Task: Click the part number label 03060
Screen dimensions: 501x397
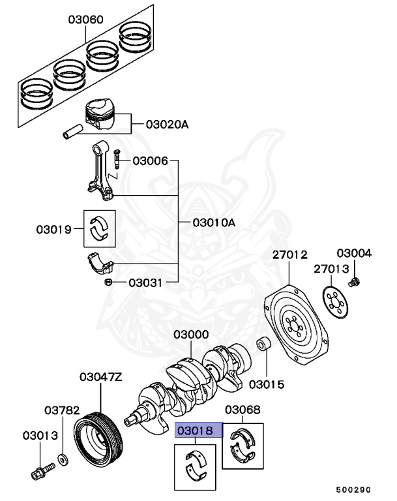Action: [x=85, y=20]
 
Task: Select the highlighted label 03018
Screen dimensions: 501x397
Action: [x=199, y=430]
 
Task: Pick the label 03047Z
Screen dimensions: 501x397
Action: [x=101, y=376]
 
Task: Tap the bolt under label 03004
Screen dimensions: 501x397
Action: [x=355, y=282]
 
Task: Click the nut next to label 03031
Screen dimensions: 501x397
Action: [x=110, y=282]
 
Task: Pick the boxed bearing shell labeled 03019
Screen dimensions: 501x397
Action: [x=99, y=228]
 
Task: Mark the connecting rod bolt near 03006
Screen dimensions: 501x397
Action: [x=117, y=159]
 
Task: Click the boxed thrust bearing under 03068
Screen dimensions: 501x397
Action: [x=243, y=446]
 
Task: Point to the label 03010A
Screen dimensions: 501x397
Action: [x=213, y=222]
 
